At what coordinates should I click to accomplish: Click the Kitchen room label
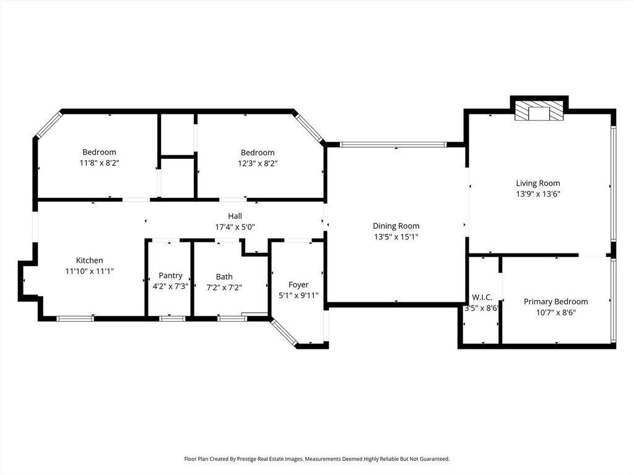[89, 260]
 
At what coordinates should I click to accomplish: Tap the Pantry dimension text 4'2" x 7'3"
[170, 286]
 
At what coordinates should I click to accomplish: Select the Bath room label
[224, 276]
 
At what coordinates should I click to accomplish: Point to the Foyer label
[298, 285]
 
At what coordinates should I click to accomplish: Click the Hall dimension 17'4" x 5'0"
[235, 227]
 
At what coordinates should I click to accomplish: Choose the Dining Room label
[396, 226]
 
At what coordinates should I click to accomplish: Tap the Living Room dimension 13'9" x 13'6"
[538, 194]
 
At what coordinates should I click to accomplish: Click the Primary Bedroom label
[555, 301]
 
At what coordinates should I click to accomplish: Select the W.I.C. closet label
[482, 297]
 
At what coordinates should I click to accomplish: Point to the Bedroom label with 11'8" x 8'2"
[99, 152]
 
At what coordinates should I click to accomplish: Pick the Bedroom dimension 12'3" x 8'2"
[258, 163]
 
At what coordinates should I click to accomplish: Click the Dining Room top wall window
[393, 144]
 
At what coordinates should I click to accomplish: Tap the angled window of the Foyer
[285, 332]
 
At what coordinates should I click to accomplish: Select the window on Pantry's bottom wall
[172, 319]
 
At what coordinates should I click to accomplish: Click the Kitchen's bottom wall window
[75, 319]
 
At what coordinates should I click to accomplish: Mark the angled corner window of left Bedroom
[48, 125]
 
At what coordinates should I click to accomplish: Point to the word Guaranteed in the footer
[434, 459]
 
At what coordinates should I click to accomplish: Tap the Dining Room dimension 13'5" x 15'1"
[396, 237]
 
